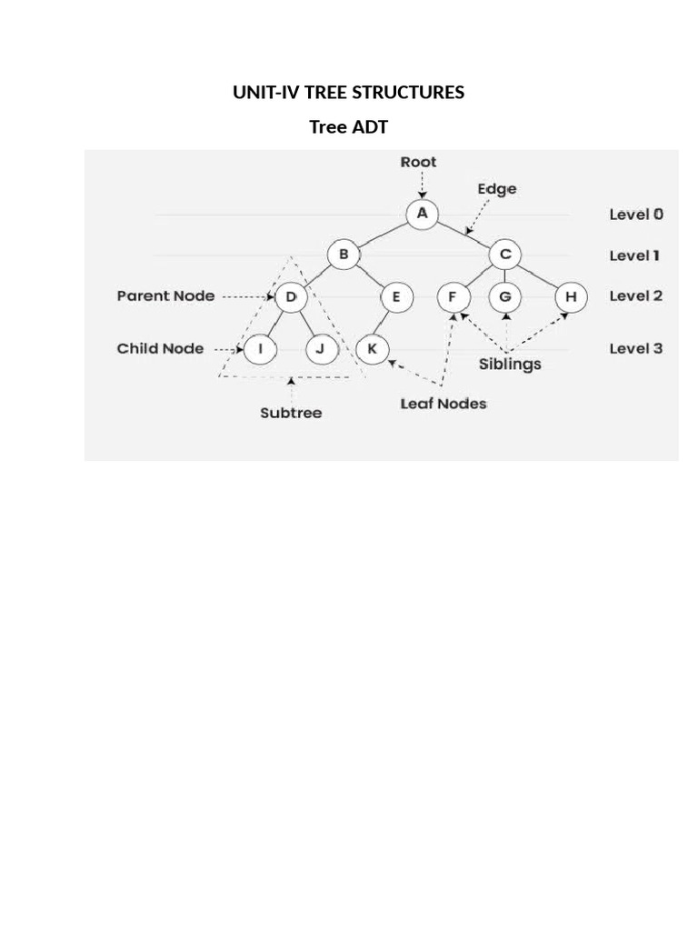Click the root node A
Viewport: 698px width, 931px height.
click(x=422, y=215)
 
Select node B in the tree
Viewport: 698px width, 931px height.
click(x=344, y=255)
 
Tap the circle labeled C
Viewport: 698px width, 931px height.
click(x=504, y=255)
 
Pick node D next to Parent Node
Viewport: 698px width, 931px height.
click(x=291, y=296)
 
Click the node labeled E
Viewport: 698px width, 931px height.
click(x=396, y=296)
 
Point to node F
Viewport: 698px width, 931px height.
click(x=452, y=296)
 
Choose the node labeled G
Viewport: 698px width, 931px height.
click(x=505, y=296)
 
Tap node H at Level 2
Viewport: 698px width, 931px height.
click(x=571, y=296)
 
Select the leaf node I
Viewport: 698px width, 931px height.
click(x=260, y=348)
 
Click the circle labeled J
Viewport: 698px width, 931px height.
click(x=320, y=348)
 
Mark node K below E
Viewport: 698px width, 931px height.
click(x=372, y=348)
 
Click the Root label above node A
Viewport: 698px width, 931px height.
click(x=418, y=162)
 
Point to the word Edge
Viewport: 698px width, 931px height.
click(x=497, y=189)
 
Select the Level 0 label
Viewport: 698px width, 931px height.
click(x=635, y=215)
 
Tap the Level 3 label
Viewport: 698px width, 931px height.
click(x=635, y=348)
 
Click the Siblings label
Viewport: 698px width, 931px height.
click(x=510, y=364)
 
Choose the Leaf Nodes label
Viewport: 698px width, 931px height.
click(x=444, y=404)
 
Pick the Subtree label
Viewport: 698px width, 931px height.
click(x=291, y=413)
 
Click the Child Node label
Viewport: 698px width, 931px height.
click(x=160, y=348)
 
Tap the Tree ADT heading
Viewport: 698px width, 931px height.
click(x=348, y=127)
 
